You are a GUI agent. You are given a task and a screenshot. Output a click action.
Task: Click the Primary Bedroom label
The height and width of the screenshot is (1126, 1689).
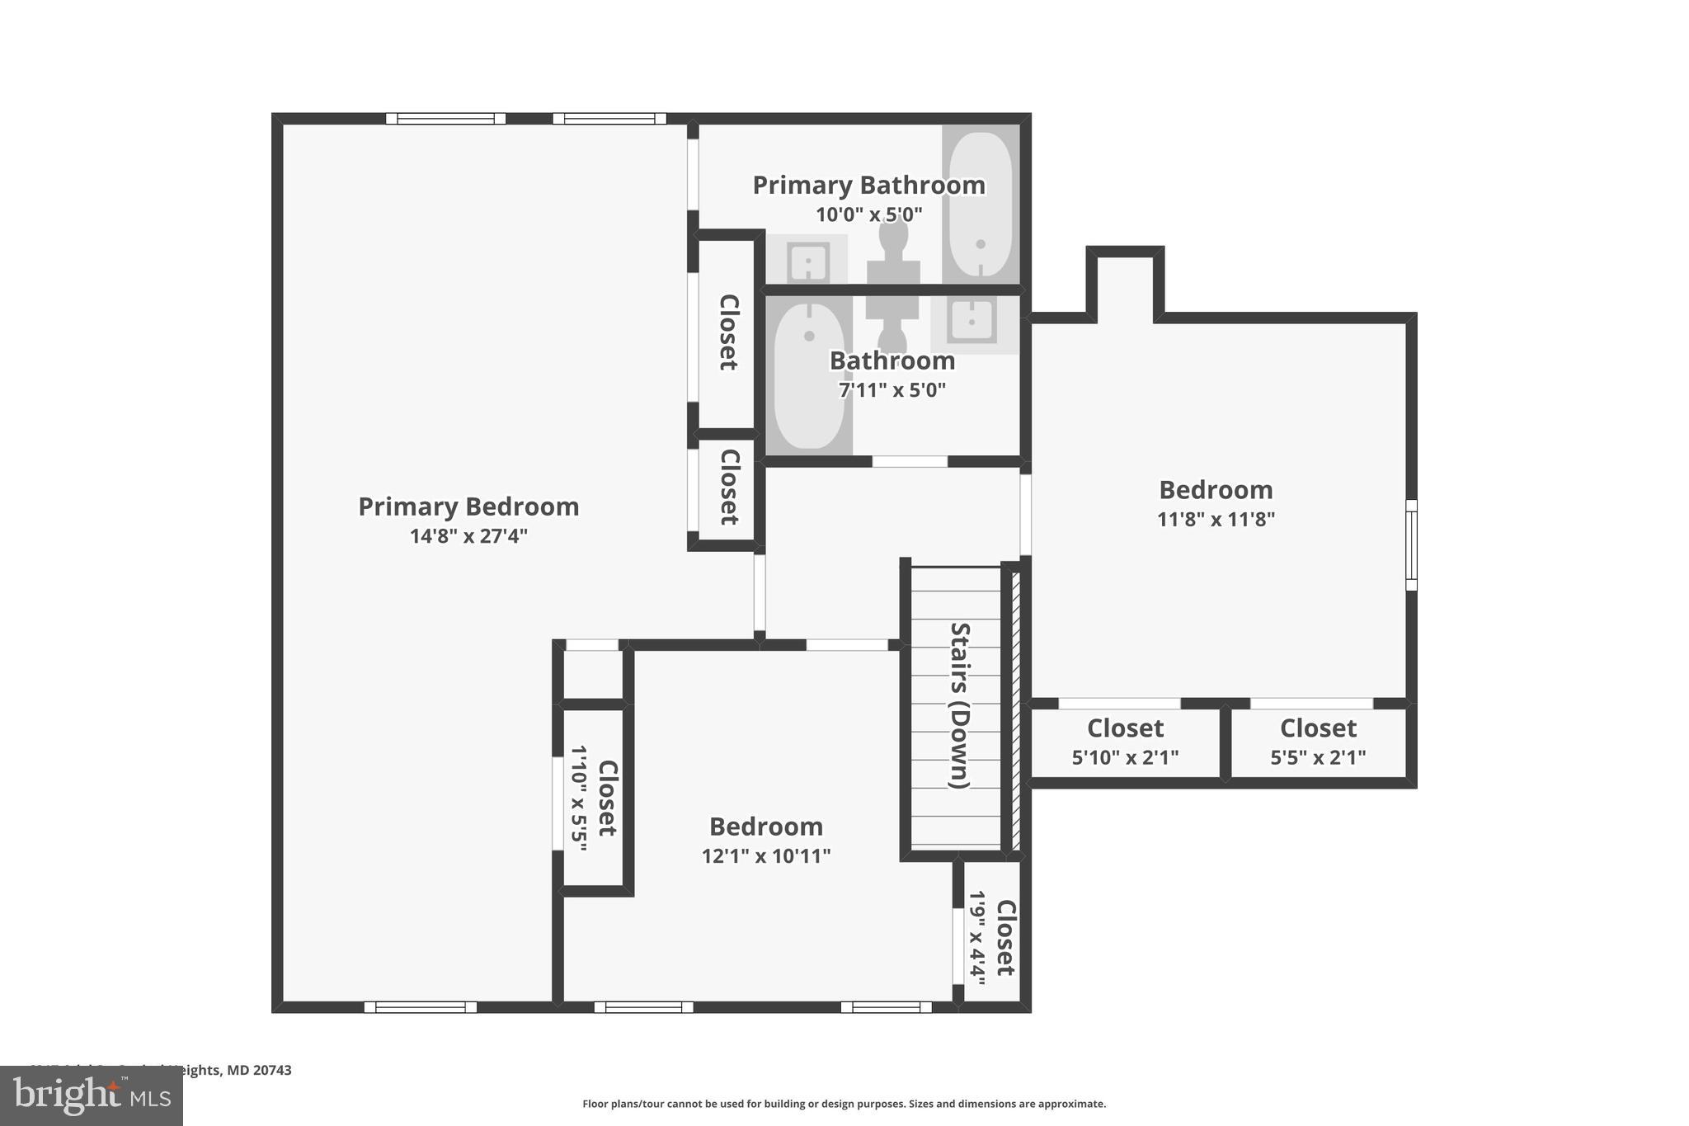[468, 506]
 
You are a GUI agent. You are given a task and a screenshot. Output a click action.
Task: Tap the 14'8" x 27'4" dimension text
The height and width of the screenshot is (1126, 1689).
[468, 536]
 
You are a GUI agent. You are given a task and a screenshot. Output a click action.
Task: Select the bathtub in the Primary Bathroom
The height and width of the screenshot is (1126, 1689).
[980, 205]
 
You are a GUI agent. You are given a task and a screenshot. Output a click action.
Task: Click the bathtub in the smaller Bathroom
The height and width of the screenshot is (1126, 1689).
[809, 376]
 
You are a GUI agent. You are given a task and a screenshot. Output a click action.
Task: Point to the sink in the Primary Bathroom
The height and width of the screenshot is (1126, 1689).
[808, 262]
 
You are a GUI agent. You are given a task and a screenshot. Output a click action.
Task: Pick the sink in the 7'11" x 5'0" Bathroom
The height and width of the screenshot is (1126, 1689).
[972, 321]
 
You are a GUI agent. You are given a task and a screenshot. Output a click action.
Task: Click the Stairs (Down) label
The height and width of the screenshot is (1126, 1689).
[960, 705]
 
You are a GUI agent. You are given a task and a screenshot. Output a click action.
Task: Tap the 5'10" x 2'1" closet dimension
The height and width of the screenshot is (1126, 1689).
[1125, 757]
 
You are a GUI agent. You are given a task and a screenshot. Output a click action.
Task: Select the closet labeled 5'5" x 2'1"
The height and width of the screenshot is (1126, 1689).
[1318, 742]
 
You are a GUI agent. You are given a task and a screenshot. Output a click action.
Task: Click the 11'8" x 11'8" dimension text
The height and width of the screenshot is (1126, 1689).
[1216, 520]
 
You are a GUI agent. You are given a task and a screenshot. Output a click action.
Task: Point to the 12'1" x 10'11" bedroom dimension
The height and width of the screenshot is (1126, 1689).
[765, 856]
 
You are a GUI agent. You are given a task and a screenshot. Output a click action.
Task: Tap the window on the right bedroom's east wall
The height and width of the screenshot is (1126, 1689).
[1411, 545]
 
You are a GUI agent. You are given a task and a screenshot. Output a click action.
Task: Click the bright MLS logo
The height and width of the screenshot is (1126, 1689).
[92, 1095]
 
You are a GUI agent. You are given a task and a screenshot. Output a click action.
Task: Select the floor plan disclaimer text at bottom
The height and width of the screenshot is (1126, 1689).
[844, 1104]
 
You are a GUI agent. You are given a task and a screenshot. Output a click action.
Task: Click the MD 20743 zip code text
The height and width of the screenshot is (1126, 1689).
[259, 1070]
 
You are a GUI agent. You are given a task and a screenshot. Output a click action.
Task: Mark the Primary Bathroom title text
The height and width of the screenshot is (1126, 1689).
[868, 185]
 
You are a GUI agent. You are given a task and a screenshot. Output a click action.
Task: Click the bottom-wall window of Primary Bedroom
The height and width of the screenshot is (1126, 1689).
[421, 1007]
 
